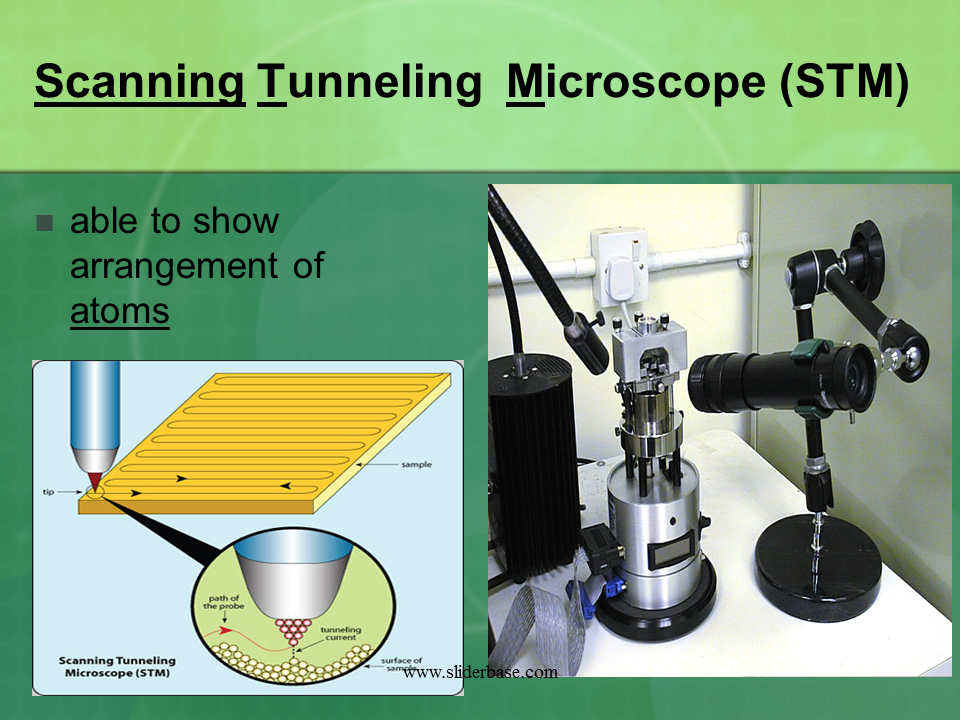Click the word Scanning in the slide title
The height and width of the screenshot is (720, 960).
[x=140, y=83]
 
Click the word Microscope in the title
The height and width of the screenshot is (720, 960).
[x=636, y=83]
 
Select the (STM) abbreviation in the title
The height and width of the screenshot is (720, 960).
[x=844, y=83]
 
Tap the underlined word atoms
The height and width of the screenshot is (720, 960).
[x=119, y=310]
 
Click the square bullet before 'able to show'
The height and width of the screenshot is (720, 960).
[x=44, y=223]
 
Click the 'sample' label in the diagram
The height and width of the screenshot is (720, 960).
[x=416, y=465]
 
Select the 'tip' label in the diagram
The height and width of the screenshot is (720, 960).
[x=48, y=492]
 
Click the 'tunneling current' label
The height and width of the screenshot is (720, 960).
[x=340, y=633]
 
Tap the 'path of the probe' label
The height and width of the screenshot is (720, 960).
[x=223, y=602]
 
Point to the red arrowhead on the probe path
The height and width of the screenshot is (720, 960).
[x=226, y=629]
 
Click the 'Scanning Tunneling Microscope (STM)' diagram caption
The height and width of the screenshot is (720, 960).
[x=117, y=667]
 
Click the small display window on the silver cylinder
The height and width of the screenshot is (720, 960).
[x=670, y=549]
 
